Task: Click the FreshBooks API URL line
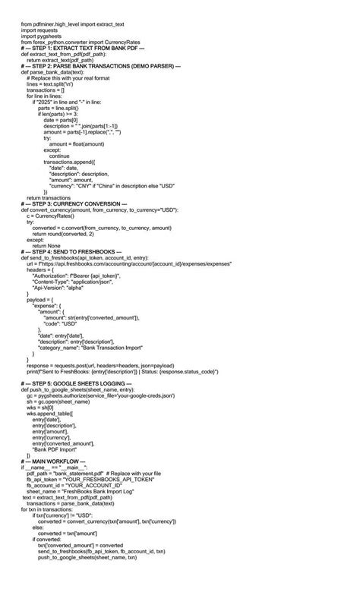click(x=129, y=263)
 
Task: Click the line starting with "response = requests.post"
click(x=107, y=365)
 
